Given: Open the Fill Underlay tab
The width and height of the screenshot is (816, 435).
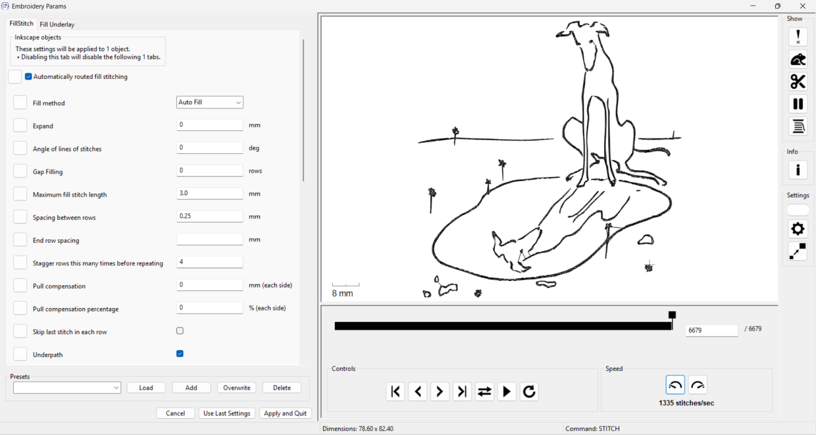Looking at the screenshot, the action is coord(57,24).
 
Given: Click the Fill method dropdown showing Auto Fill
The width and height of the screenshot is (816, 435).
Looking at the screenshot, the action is coord(209,102).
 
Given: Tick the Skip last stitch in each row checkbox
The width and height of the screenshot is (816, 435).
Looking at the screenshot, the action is coord(180,331).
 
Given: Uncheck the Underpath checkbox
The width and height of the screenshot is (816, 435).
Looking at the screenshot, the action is coord(180,354).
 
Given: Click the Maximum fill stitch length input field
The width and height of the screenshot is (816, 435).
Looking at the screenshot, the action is coord(209,193).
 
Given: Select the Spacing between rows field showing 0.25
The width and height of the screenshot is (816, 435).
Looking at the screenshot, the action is coord(209,216).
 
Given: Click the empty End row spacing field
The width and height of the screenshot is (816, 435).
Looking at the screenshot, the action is coord(209,239).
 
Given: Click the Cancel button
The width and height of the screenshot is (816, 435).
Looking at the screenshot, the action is coord(175,413).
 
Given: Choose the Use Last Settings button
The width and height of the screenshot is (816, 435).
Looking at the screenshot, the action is coord(226,413).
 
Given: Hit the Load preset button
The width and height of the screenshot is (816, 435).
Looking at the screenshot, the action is coord(146,387).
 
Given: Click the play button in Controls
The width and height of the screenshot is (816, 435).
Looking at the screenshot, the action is coord(506,392).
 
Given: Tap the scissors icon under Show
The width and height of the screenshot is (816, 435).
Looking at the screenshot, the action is coord(798,82).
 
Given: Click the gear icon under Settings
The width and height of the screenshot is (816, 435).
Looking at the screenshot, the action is coord(798,229).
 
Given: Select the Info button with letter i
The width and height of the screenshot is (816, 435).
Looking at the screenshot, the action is coord(798,170).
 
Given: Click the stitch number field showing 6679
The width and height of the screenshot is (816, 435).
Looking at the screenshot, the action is coord(712,331).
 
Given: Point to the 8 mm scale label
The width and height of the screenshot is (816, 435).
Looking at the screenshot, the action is coord(342,294).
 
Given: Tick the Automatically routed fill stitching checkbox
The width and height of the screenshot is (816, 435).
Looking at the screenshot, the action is coord(28,77).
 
